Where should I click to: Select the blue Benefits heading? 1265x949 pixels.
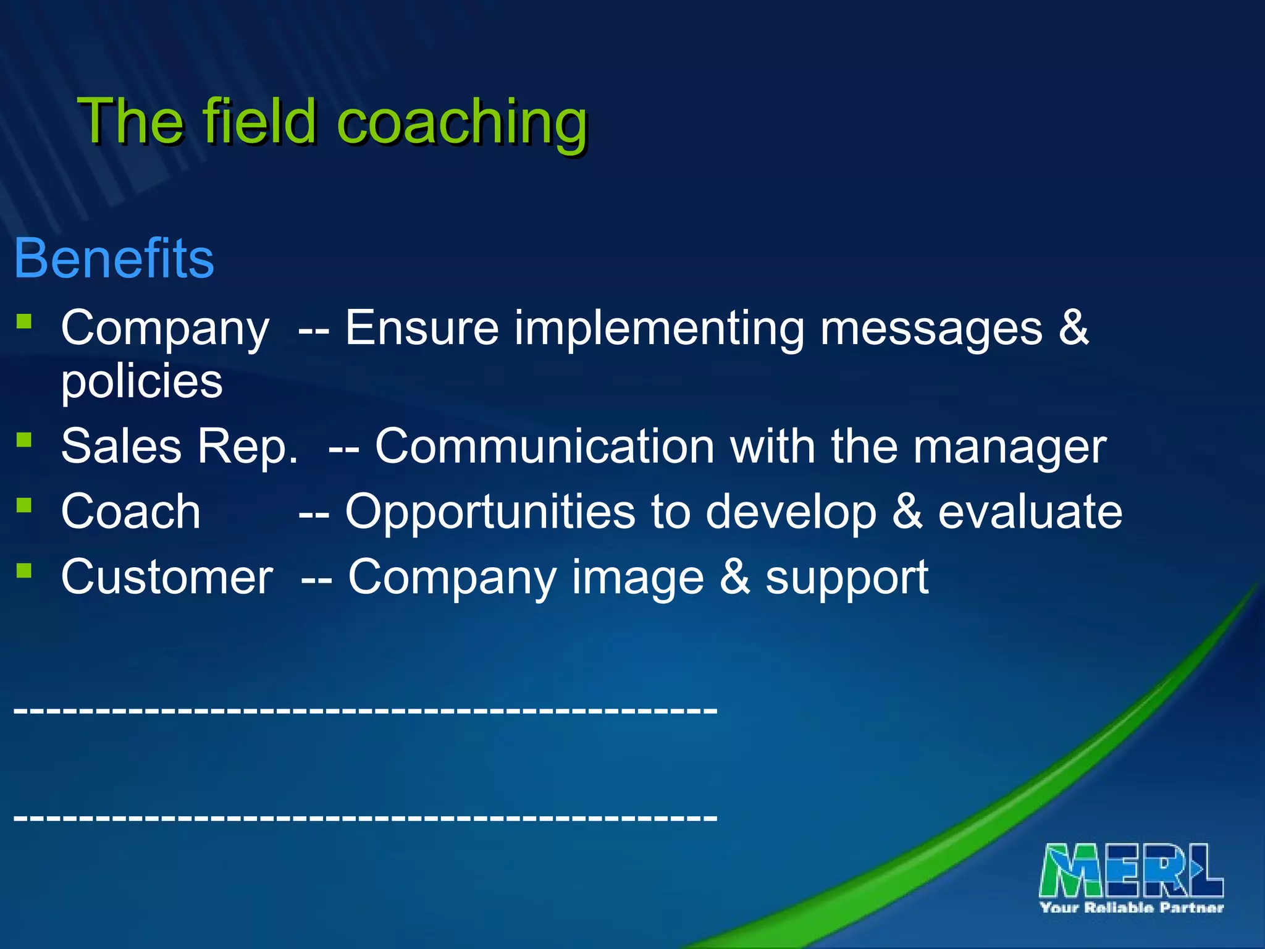(x=114, y=258)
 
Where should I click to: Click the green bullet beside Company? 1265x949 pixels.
(x=24, y=321)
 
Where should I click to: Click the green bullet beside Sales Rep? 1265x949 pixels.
(x=24, y=440)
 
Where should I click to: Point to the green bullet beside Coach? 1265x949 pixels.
(x=24, y=505)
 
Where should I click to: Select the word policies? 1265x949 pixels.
(x=141, y=381)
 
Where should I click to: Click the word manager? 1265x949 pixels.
(x=1009, y=447)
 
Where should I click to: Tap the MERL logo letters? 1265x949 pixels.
(x=1131, y=871)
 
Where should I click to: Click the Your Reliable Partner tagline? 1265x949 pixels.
(x=1132, y=908)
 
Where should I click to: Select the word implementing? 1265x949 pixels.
(x=659, y=329)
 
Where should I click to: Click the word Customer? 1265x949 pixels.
(x=167, y=577)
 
